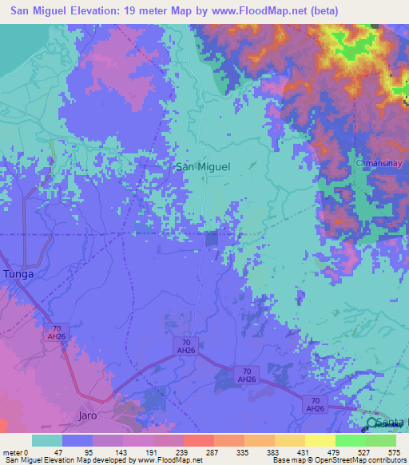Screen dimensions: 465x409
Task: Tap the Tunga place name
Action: click(19, 274)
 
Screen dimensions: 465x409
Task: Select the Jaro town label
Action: click(88, 416)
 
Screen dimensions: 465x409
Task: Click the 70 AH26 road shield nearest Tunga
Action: click(57, 332)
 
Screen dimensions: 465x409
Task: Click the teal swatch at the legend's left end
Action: click(47, 440)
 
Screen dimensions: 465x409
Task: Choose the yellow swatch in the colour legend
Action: click(320, 440)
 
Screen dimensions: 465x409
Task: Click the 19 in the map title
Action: click(134, 11)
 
